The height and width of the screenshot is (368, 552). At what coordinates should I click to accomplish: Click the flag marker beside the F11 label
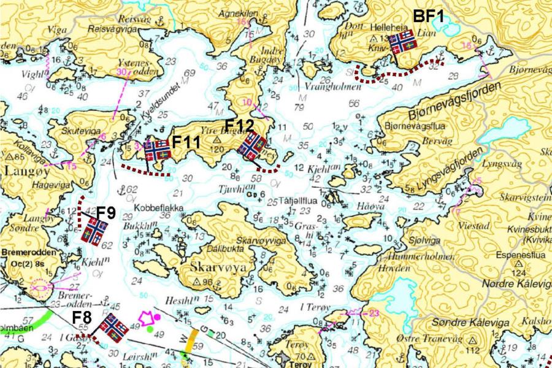157,150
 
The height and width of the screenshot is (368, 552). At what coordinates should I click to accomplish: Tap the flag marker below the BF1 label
403,42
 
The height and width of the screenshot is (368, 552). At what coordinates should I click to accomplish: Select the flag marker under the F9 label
94,233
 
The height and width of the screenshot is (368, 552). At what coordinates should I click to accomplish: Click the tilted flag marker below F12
251,146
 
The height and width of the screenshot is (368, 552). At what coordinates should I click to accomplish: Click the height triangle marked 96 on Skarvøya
197,282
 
